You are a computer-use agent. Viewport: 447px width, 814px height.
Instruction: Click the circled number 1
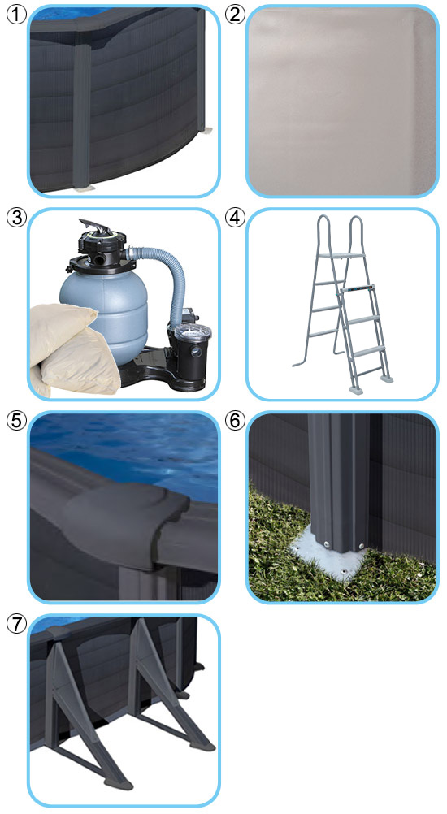tap(15, 14)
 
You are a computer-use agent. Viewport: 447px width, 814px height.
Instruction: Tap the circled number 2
tap(235, 14)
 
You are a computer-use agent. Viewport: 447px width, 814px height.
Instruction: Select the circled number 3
tap(15, 218)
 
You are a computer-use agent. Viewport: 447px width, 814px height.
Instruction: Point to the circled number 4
tap(235, 218)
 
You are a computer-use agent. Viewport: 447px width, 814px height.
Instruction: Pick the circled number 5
tap(15, 421)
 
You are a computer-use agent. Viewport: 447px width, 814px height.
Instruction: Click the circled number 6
tap(235, 421)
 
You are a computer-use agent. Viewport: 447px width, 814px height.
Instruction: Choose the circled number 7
tap(15, 624)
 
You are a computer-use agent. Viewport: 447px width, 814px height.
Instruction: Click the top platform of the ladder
tap(338, 256)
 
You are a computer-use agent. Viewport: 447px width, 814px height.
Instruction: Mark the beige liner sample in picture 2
tap(343, 102)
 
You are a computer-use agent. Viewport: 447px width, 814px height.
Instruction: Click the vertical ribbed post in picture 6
tap(337, 478)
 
